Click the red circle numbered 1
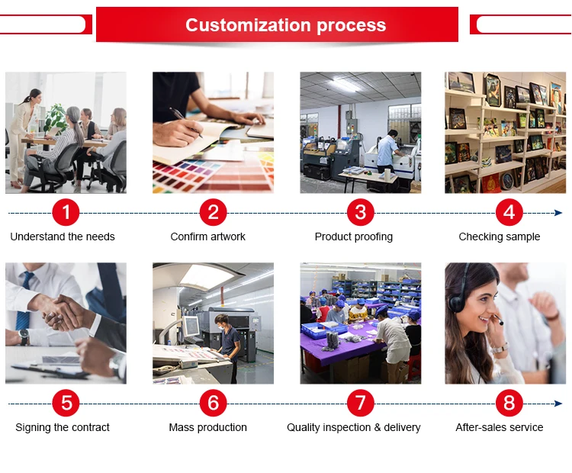66,212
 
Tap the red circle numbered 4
509,212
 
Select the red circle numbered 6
213,403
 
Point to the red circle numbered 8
509,403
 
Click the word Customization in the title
249,25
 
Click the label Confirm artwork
208,236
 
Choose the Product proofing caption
353,236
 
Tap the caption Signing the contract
63,427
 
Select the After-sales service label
500,427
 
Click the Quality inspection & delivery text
353,427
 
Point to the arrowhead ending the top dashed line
558,213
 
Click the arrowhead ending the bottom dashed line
558,404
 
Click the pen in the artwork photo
185,122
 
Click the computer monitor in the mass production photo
191,326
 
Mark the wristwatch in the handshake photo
24,337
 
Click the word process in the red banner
352,25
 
